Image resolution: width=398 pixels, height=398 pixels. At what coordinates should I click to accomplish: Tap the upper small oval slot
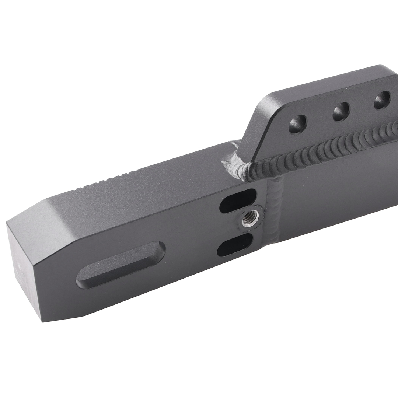[238, 201]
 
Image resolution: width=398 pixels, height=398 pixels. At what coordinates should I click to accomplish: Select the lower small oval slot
[235, 245]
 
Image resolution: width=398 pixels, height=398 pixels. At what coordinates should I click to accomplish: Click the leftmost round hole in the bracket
[297, 124]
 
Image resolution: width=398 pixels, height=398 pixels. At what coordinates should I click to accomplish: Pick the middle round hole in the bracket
[341, 111]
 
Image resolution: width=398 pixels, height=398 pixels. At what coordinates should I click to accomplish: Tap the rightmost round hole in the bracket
[382, 99]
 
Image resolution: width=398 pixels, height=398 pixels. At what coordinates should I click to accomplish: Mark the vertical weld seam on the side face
[275, 210]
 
